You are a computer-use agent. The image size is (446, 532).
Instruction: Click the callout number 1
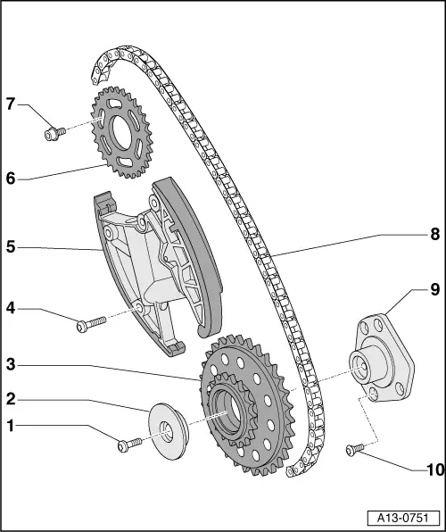11,427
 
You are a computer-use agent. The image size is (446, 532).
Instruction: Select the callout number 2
11,398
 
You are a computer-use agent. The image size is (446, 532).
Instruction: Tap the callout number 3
11,364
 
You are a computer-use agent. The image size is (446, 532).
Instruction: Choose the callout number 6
11,179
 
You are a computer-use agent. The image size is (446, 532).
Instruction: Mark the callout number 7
11,105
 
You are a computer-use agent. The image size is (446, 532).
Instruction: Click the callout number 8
434,236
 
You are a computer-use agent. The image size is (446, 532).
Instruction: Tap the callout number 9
434,289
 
